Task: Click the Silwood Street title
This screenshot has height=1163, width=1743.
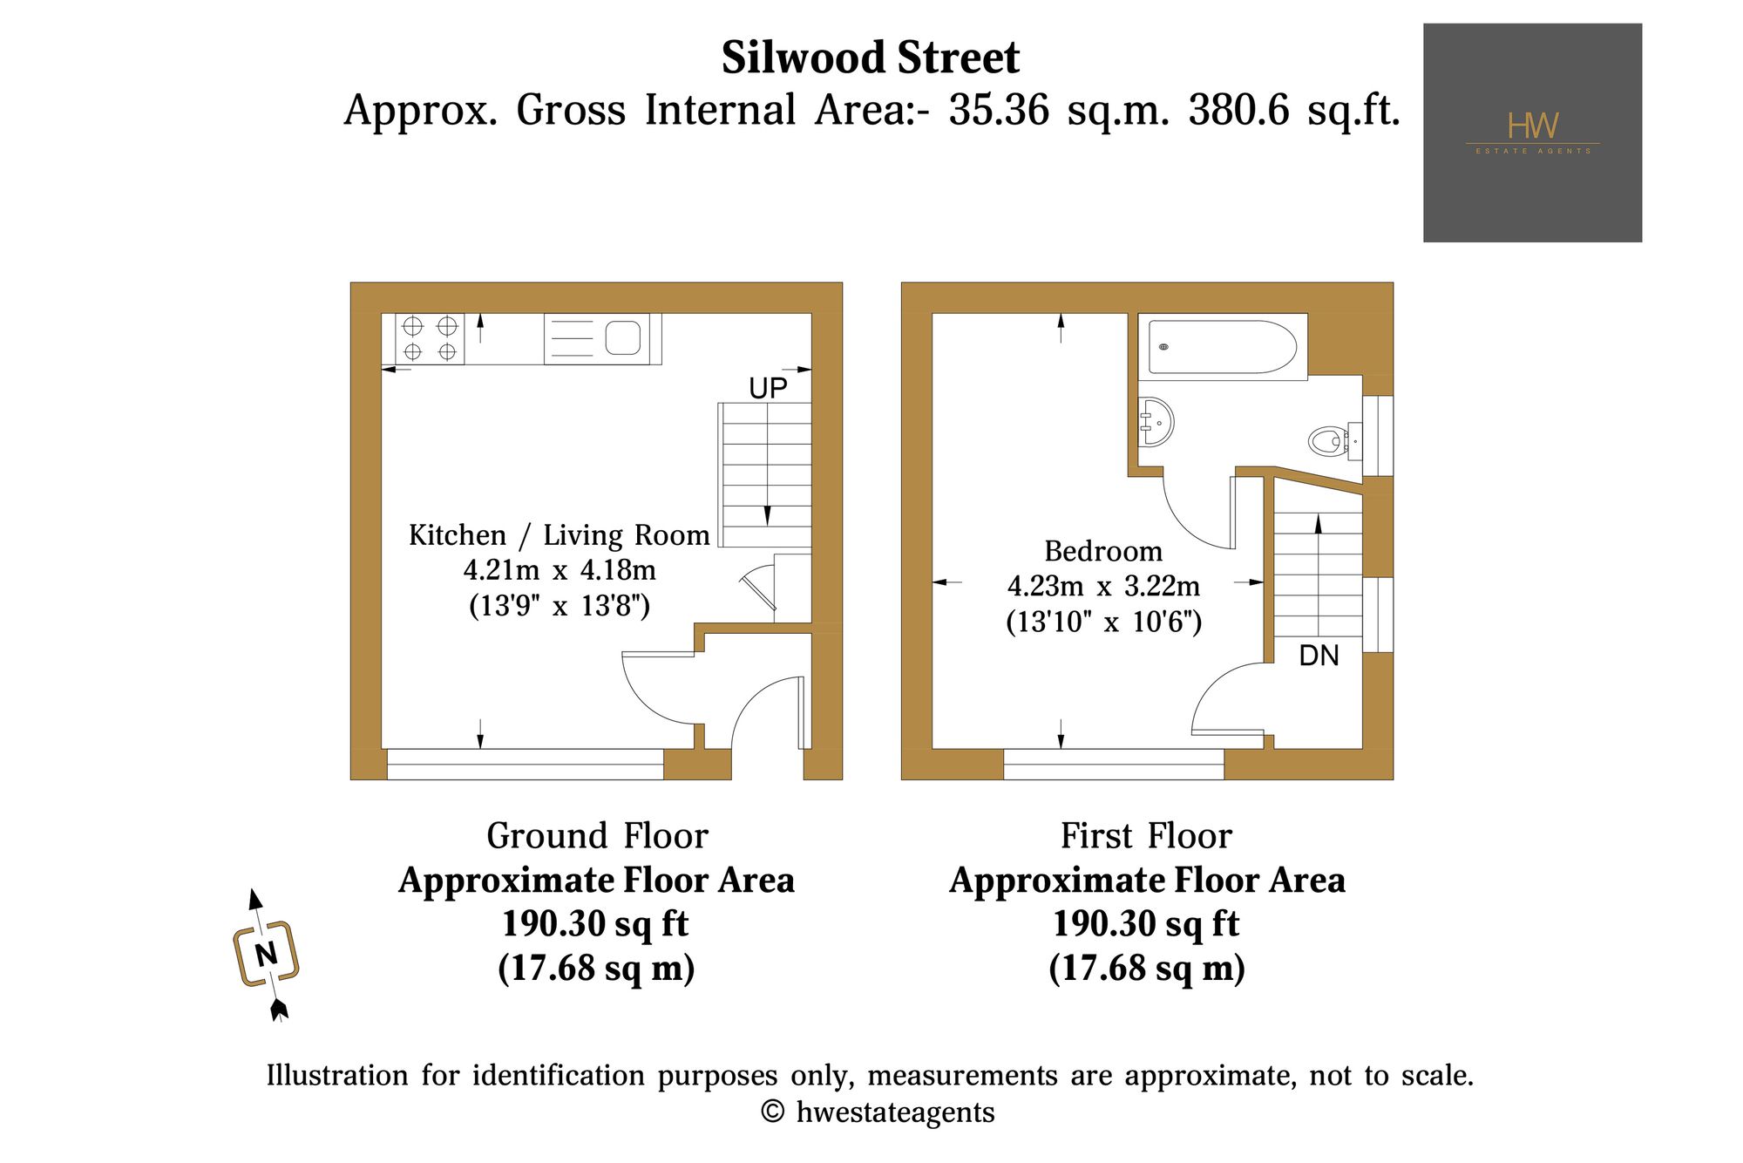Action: [x=870, y=58]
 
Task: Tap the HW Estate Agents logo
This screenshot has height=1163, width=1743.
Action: [x=1532, y=133]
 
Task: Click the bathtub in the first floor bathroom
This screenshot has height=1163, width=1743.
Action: [x=1223, y=347]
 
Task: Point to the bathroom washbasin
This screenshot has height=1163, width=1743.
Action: [x=1156, y=422]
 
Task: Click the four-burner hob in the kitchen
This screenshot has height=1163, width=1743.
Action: [x=430, y=339]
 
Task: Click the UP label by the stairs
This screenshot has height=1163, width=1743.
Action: [x=768, y=388]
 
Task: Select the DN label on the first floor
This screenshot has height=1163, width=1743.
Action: [x=1319, y=656]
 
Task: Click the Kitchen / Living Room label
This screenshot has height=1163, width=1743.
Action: [x=560, y=535]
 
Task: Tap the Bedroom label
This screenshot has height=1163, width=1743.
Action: [x=1103, y=551]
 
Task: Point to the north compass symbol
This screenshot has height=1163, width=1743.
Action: [x=267, y=955]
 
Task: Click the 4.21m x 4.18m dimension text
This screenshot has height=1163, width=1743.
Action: [x=560, y=570]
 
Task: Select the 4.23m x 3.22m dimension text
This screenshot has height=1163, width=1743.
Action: [x=1103, y=586]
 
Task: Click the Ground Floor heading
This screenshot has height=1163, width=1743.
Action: [x=597, y=835]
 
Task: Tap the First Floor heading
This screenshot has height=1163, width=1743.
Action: [x=1147, y=835]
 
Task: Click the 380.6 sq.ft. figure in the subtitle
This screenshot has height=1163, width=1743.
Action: [x=1294, y=111]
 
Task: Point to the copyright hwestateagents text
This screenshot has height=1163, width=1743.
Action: [x=878, y=1112]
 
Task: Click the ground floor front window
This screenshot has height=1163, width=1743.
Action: [x=525, y=764]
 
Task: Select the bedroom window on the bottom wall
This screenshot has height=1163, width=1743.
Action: [x=1114, y=764]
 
